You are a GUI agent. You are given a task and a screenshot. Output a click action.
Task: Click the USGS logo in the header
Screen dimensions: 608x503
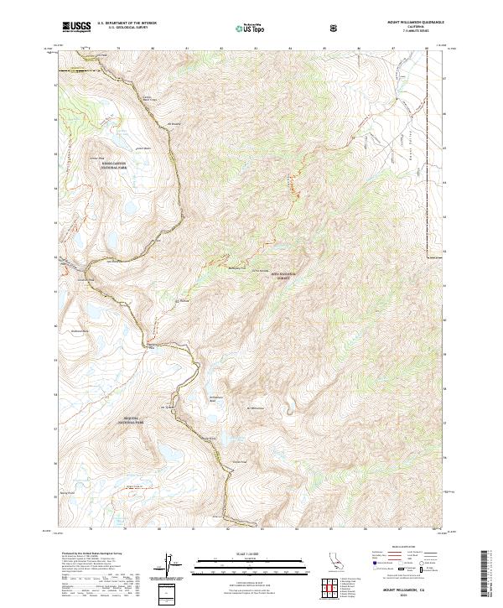pyautogui.click(x=76, y=27)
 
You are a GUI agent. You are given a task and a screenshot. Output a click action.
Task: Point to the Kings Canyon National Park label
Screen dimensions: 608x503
pyautogui.click(x=112, y=165)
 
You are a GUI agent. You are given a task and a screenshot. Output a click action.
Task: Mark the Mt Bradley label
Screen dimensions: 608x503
pyautogui.click(x=174, y=126)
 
